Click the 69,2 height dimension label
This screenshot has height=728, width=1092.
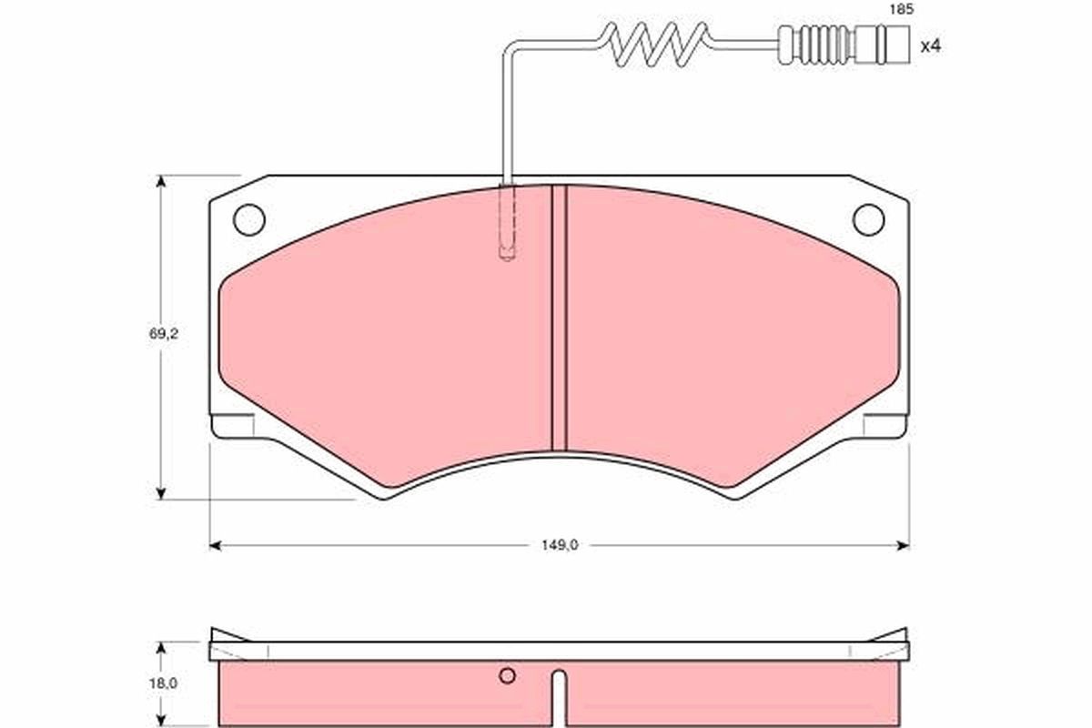click(x=164, y=334)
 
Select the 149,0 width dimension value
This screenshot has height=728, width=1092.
click(x=560, y=545)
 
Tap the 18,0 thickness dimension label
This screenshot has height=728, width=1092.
click(x=163, y=683)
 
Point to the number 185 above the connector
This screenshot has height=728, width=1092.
click(x=902, y=9)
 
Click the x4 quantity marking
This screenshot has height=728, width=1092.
click(x=930, y=46)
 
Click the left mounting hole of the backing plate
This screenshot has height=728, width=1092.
click(x=249, y=220)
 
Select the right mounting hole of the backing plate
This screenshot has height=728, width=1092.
click(x=868, y=220)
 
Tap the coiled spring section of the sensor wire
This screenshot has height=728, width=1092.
click(x=653, y=44)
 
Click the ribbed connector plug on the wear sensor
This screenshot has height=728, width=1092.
click(x=844, y=45)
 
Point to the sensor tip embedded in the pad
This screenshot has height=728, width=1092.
click(x=507, y=222)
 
